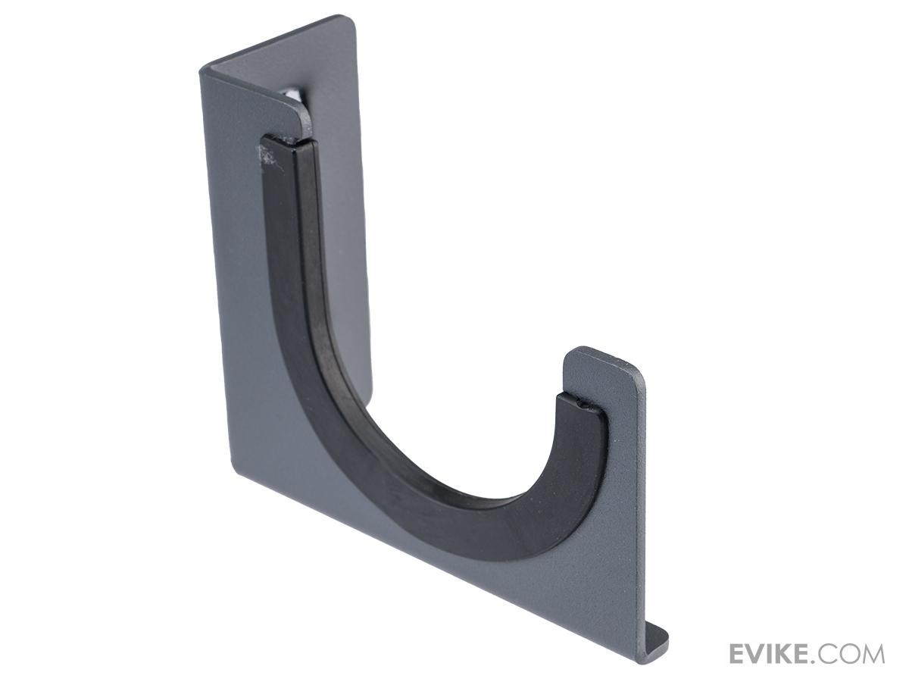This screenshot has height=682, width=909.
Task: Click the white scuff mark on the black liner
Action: (x=269, y=158)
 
